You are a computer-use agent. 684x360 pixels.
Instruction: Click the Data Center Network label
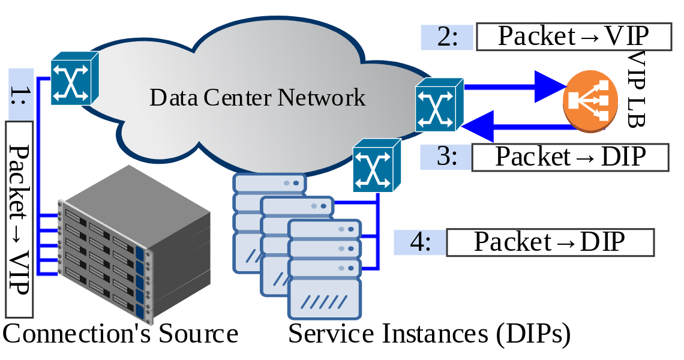pyautogui.click(x=257, y=97)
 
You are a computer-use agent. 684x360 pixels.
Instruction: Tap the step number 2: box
pyautogui.click(x=447, y=37)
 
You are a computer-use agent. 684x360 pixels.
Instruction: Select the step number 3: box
pyautogui.click(x=445, y=157)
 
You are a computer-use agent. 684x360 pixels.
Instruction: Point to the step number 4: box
pyautogui.click(x=420, y=242)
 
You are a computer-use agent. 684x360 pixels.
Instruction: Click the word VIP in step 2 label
pyautogui.click(x=626, y=37)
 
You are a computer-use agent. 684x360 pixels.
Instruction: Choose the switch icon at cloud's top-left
pyautogui.click(x=73, y=78)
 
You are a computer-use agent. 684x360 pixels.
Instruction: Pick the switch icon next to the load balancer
pyautogui.click(x=439, y=104)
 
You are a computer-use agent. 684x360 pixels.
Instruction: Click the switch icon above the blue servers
pyautogui.click(x=376, y=166)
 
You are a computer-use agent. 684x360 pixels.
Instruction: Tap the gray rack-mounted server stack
pyautogui.click(x=135, y=246)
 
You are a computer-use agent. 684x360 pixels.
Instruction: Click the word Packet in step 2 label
pyautogui.click(x=536, y=37)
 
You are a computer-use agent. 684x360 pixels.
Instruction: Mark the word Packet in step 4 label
pyautogui.click(x=512, y=242)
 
